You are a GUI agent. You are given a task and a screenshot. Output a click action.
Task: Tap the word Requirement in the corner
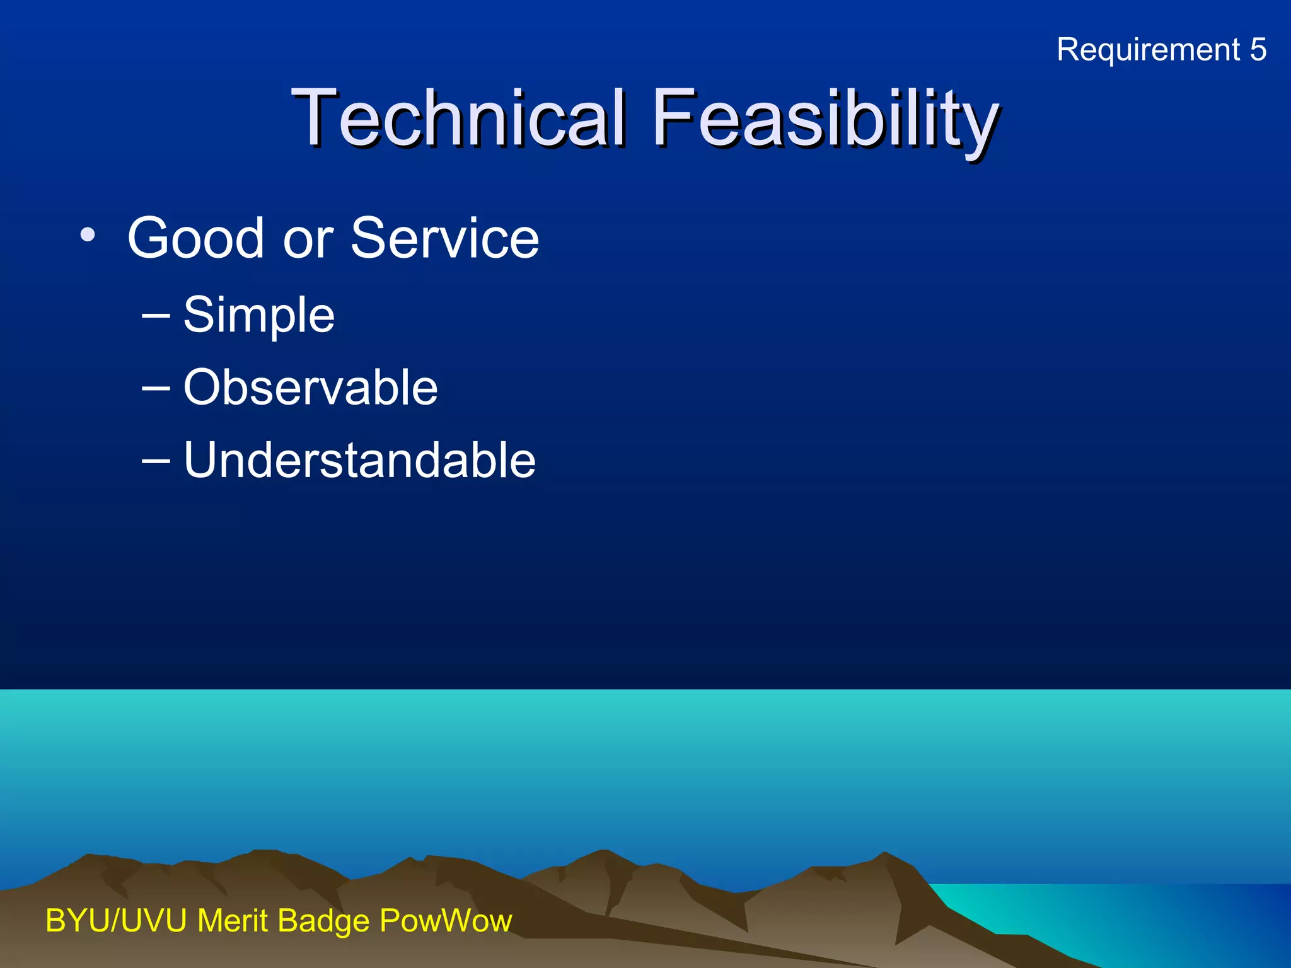(x=1148, y=50)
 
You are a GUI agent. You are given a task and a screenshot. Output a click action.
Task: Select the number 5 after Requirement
(x=1258, y=50)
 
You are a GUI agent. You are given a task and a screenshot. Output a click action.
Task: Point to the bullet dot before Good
(x=88, y=236)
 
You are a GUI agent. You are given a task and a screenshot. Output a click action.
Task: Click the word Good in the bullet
(x=195, y=238)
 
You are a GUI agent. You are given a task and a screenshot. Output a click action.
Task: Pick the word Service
(x=444, y=238)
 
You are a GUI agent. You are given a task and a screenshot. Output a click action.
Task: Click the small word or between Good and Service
(x=308, y=241)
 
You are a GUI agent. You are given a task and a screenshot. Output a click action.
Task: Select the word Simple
(x=258, y=315)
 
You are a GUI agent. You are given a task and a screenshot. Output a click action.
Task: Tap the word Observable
(x=310, y=388)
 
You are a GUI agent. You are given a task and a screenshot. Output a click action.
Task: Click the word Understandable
(x=359, y=461)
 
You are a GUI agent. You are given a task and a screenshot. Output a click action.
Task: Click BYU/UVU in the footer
(x=116, y=921)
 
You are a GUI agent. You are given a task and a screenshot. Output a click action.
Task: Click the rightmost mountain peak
(x=884, y=855)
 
